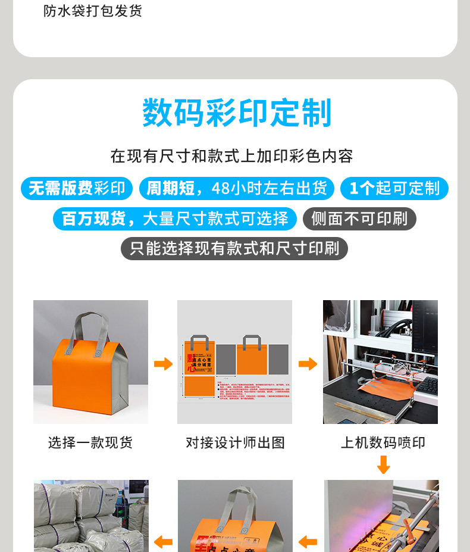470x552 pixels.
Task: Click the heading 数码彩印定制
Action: click(x=236, y=113)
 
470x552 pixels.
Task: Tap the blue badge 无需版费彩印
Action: click(x=77, y=189)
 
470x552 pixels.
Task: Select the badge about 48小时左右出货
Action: click(x=237, y=189)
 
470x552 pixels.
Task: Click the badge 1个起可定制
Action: click(x=394, y=189)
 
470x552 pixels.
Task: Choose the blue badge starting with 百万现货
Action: click(x=174, y=219)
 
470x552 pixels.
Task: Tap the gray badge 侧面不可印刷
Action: click(x=359, y=219)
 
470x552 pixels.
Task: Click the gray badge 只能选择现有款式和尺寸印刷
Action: click(x=234, y=248)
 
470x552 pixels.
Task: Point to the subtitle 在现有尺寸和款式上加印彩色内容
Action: click(x=232, y=156)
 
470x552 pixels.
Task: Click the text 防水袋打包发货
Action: click(x=93, y=11)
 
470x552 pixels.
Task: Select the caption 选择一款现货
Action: click(x=90, y=442)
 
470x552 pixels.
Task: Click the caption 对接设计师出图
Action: click(x=235, y=442)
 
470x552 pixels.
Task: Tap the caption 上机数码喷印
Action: click(x=383, y=442)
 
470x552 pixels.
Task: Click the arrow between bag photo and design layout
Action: click(x=162, y=363)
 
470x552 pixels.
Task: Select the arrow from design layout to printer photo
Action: click(x=308, y=363)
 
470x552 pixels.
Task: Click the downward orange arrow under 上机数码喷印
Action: click(x=384, y=464)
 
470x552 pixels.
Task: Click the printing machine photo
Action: click(x=380, y=361)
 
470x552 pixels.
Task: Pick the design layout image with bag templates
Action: click(x=234, y=361)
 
